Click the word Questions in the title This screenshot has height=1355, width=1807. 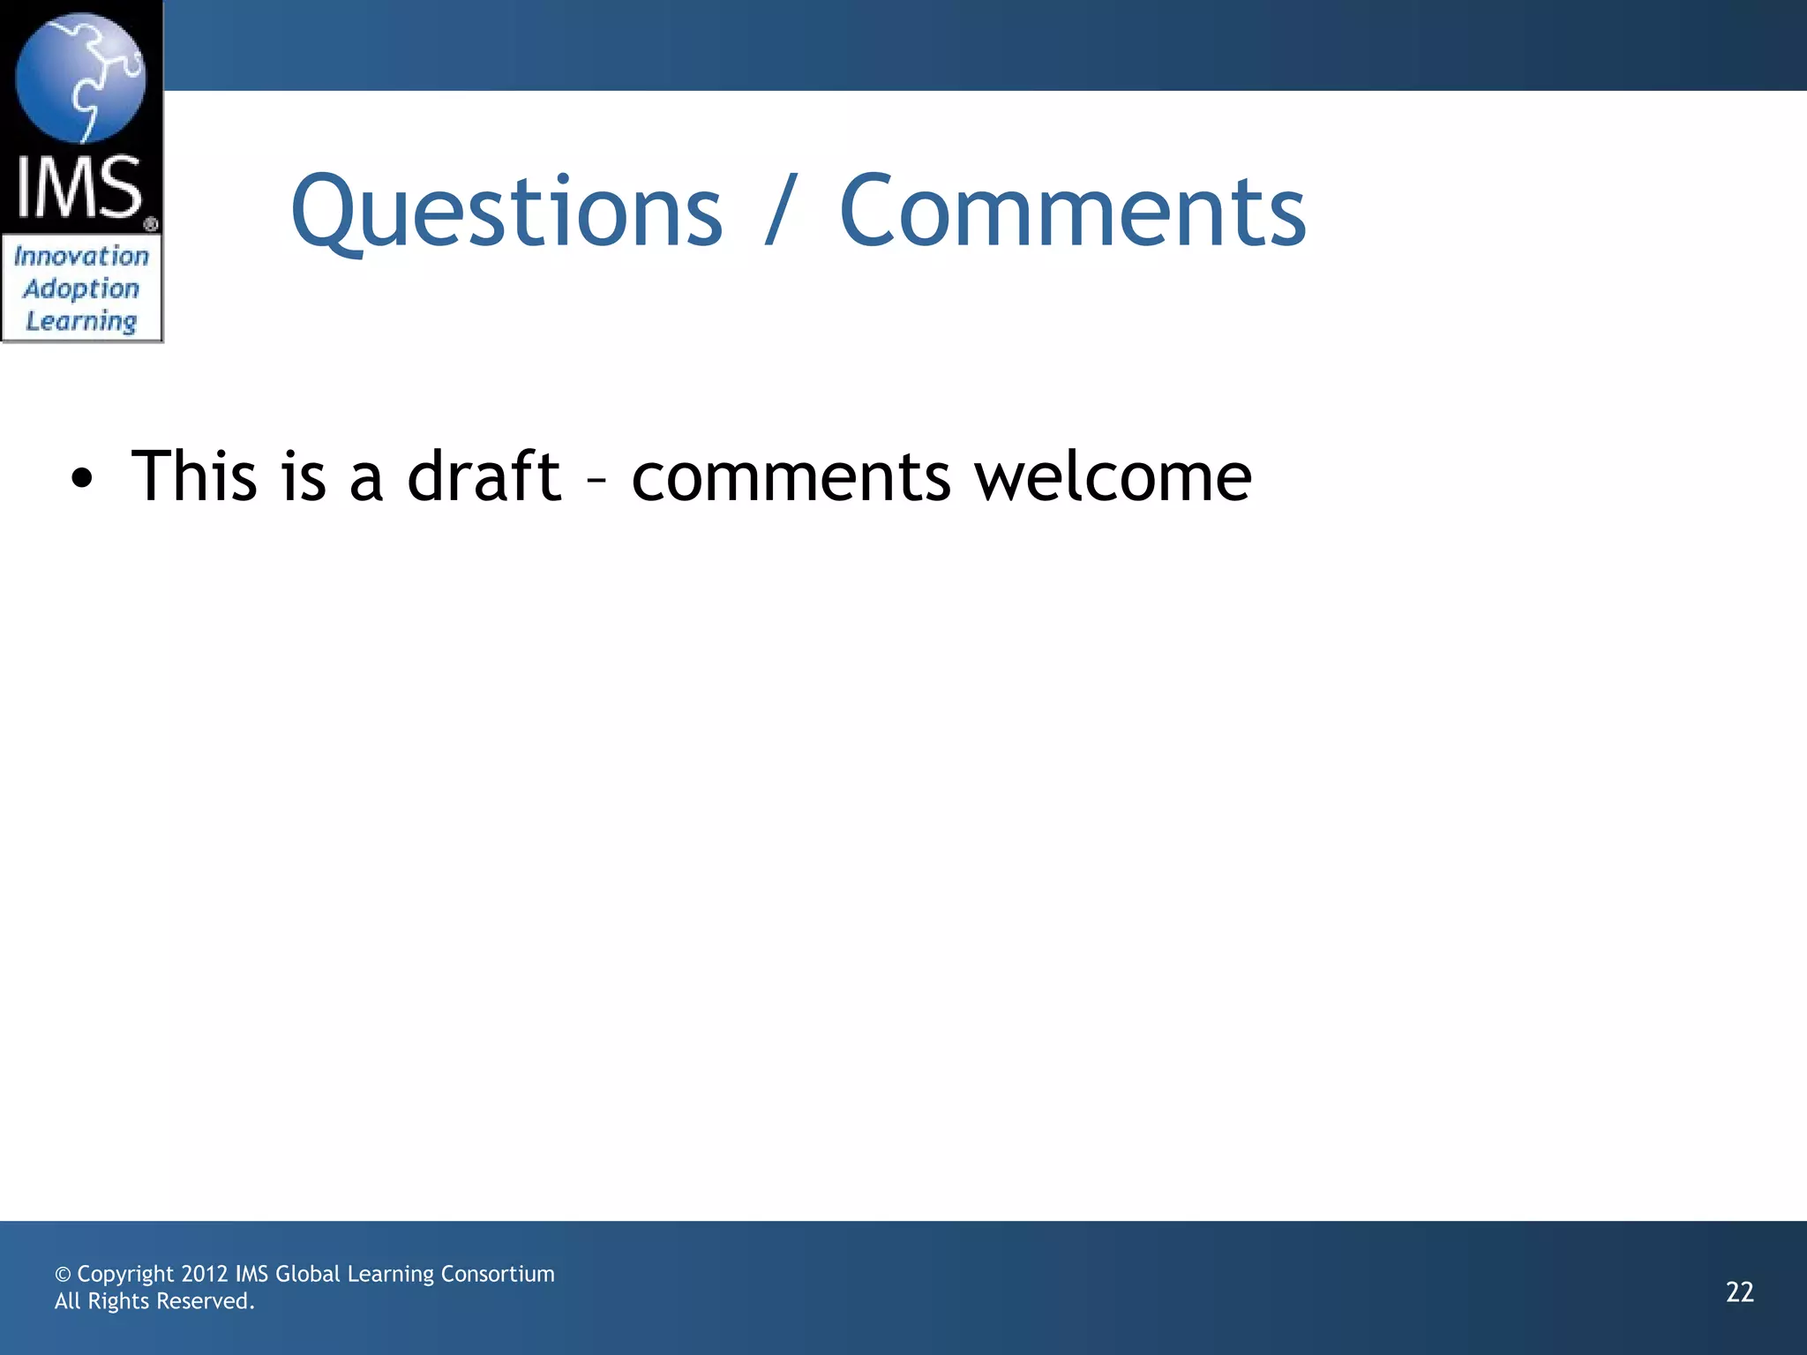click(506, 212)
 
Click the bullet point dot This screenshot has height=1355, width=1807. click(82, 479)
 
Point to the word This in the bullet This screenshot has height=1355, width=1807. click(195, 476)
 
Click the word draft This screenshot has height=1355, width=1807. click(484, 476)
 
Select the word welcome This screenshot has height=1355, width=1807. click(1113, 476)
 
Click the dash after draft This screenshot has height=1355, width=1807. click(596, 482)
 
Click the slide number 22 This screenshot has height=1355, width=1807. click(1739, 1291)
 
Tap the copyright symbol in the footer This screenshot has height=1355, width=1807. click(63, 1275)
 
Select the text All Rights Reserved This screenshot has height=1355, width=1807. click(154, 1301)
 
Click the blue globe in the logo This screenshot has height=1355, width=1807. click(80, 78)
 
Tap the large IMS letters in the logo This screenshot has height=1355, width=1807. click(79, 187)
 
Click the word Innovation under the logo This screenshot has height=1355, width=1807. click(81, 257)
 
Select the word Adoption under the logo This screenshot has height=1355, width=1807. click(81, 288)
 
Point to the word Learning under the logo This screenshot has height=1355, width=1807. click(81, 321)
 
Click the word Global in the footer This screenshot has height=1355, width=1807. click(308, 1274)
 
